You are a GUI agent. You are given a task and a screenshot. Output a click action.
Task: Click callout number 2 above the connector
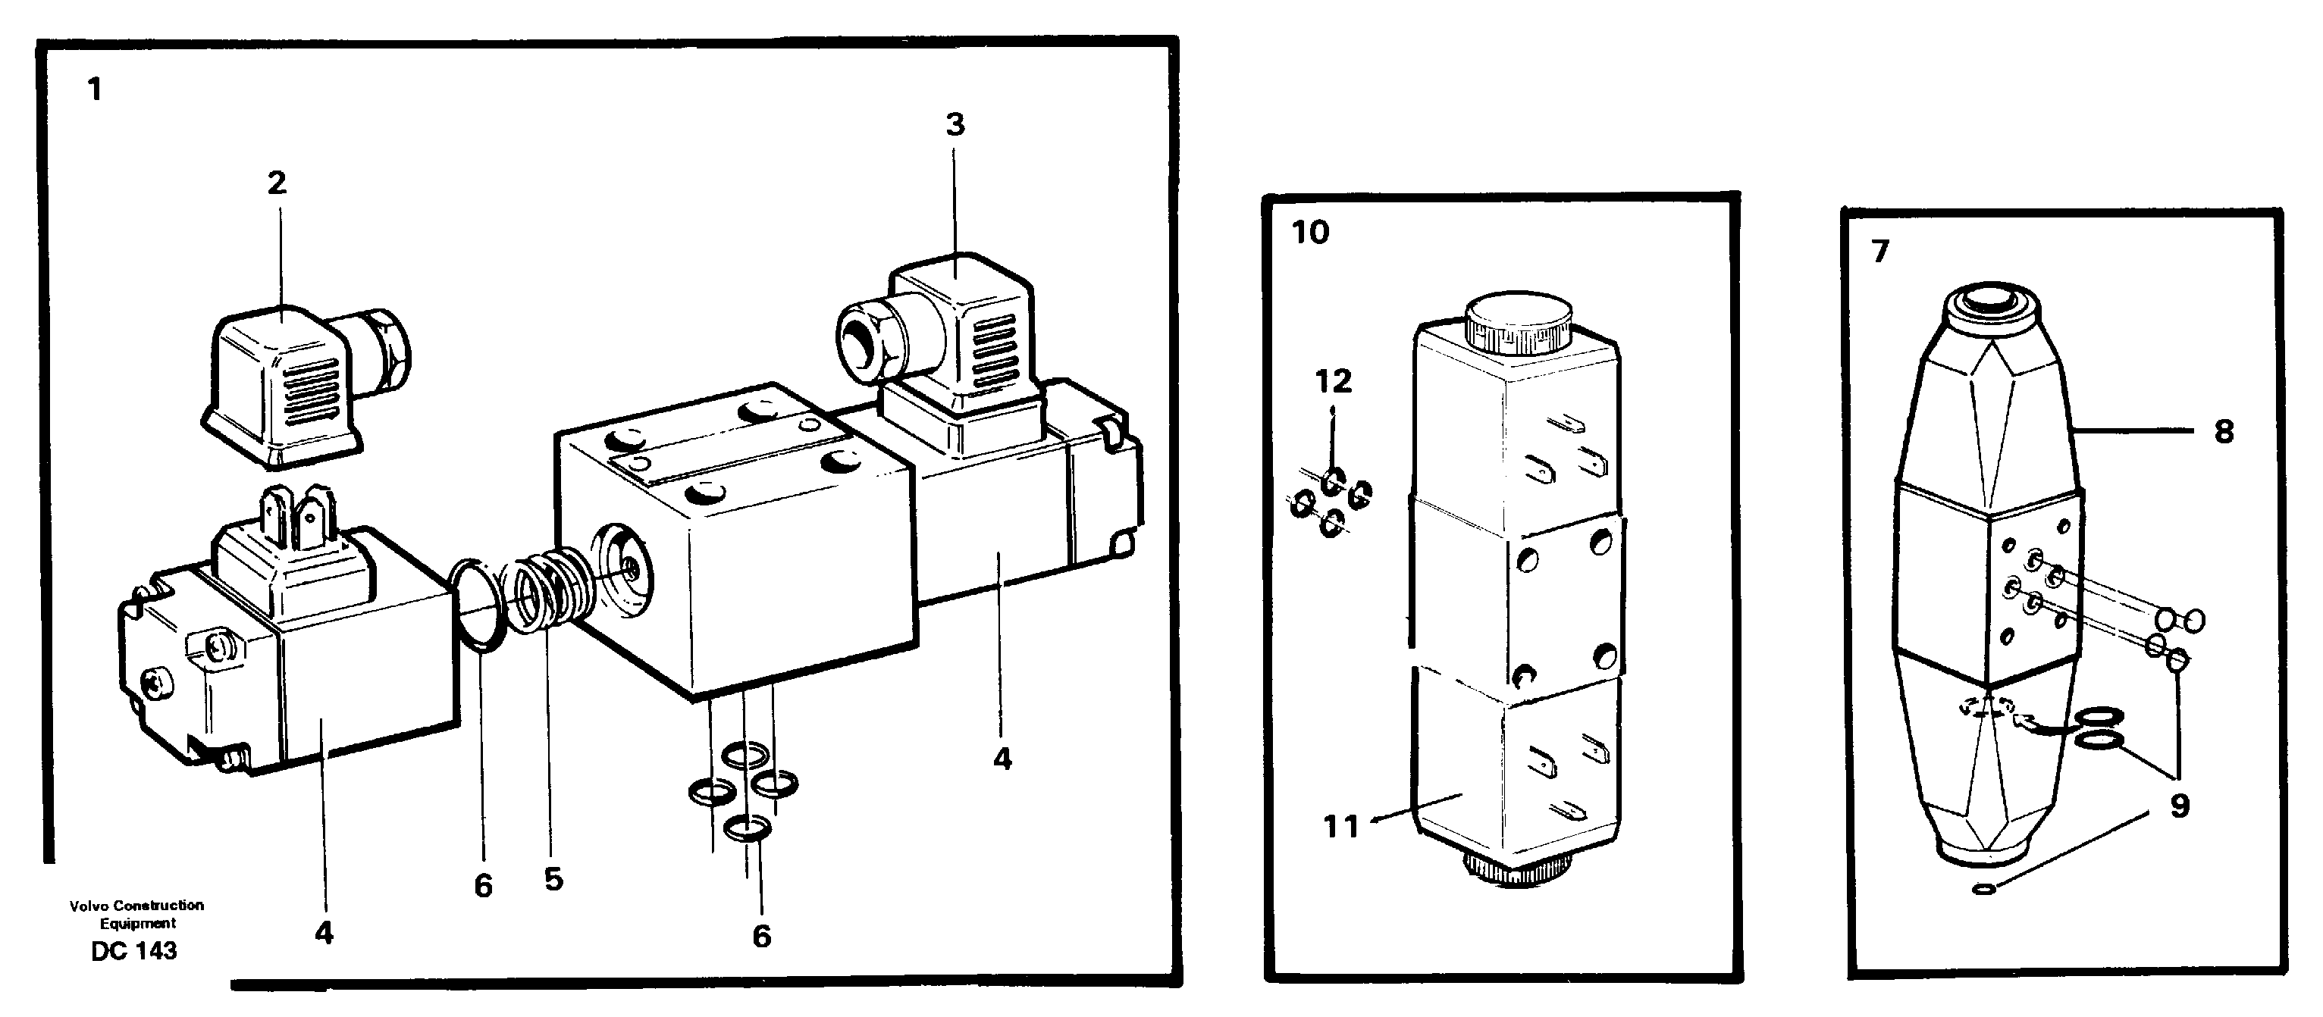coord(276,183)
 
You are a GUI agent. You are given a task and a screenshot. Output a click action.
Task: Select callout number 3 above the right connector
coord(955,124)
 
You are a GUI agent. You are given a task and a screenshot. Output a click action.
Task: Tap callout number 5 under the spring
coord(553,879)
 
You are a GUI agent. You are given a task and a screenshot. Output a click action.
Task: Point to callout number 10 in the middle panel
coord(1309,233)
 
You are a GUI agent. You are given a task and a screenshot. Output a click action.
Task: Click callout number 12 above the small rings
coord(1333,381)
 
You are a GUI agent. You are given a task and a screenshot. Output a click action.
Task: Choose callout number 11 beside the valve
coord(1340,826)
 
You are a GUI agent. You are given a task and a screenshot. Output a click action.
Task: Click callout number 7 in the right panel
coord(1879,252)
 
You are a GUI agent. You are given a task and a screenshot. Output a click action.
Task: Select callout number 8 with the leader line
coord(2224,432)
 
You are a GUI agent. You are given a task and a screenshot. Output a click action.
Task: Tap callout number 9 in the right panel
coord(2179,805)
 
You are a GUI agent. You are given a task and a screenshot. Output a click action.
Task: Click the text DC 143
coord(133,951)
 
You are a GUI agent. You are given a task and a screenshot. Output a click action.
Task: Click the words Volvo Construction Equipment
coord(137,913)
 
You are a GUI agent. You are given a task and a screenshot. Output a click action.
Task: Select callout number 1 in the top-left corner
coord(95,89)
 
